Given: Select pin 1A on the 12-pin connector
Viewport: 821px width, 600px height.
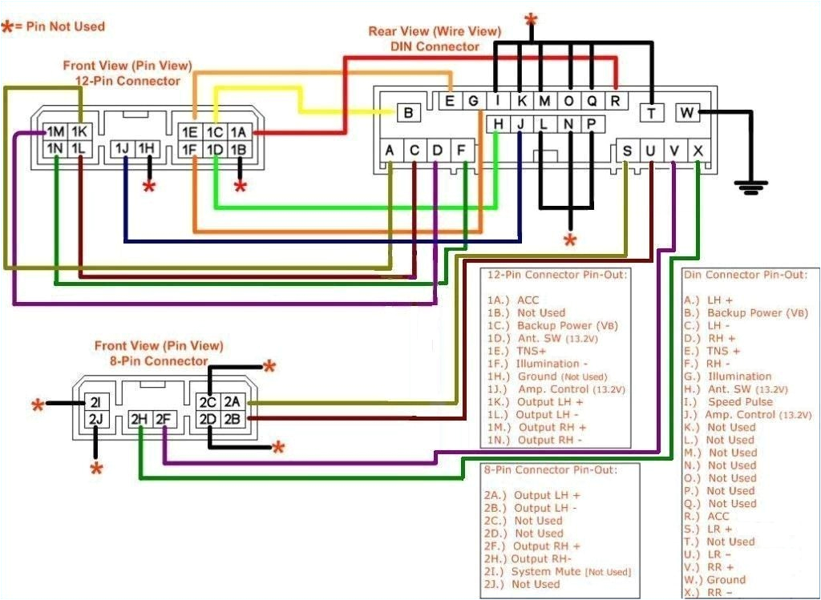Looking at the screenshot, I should tap(238, 132).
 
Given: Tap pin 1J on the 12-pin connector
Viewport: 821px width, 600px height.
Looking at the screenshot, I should tap(123, 148).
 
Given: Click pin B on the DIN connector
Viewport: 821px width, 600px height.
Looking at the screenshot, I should tap(408, 113).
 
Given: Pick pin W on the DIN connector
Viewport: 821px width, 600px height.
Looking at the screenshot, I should tap(687, 113).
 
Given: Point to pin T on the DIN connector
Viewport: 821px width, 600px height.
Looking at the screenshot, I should tap(652, 113).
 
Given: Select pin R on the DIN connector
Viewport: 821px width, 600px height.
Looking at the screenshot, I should tap(615, 100).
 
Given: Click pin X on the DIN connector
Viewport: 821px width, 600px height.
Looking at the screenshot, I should tap(699, 150).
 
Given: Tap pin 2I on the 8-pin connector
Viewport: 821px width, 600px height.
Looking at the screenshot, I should tap(95, 402).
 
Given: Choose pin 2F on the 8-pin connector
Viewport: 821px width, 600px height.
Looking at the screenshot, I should tap(164, 418).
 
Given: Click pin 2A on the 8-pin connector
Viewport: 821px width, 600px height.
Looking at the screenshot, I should tap(232, 402).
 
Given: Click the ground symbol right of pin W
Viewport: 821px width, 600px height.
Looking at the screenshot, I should tap(750, 187).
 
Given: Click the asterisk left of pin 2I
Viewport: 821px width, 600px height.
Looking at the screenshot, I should tap(38, 405).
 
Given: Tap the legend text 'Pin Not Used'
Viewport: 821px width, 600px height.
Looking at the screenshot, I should tap(65, 26).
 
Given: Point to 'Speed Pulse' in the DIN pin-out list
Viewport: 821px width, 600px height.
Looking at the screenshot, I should tap(740, 401).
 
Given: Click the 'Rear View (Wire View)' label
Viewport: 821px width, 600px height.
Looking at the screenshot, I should tap(435, 31).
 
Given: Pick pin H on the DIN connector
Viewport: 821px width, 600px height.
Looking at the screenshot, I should tap(498, 123).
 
